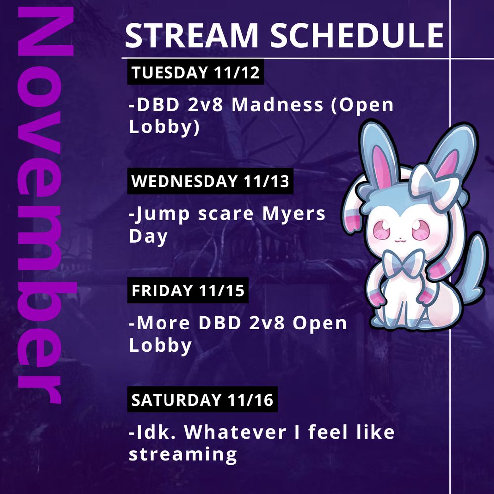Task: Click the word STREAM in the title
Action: pyautogui.click(x=192, y=35)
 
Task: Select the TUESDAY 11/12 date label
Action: pyautogui.click(x=196, y=72)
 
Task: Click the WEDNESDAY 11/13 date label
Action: pyautogui.click(x=210, y=181)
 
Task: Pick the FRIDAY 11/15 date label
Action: pyautogui.click(x=188, y=290)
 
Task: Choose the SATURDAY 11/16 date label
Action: pyautogui.click(x=202, y=400)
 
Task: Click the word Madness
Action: pyautogui.click(x=278, y=105)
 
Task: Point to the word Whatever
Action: pyautogui.click(x=235, y=432)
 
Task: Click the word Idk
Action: pyautogui.click(x=153, y=432)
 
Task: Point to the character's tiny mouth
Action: pyautogui.click(x=400, y=240)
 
